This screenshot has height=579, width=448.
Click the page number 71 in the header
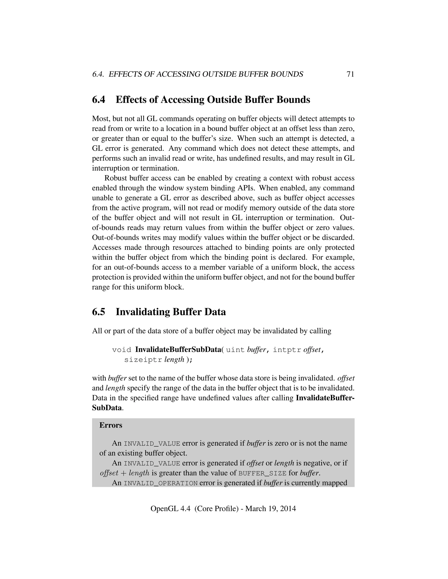pos(350,74)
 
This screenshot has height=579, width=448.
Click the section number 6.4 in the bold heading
pos(98,100)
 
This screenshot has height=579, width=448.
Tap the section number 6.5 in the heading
pos(98,312)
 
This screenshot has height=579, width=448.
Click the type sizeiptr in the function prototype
pos(143,360)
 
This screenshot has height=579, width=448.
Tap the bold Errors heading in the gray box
pos(111,425)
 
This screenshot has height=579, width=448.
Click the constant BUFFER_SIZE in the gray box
pos(262,474)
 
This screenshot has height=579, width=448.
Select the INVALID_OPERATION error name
pos(161,483)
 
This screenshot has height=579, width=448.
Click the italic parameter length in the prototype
pos(174,360)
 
